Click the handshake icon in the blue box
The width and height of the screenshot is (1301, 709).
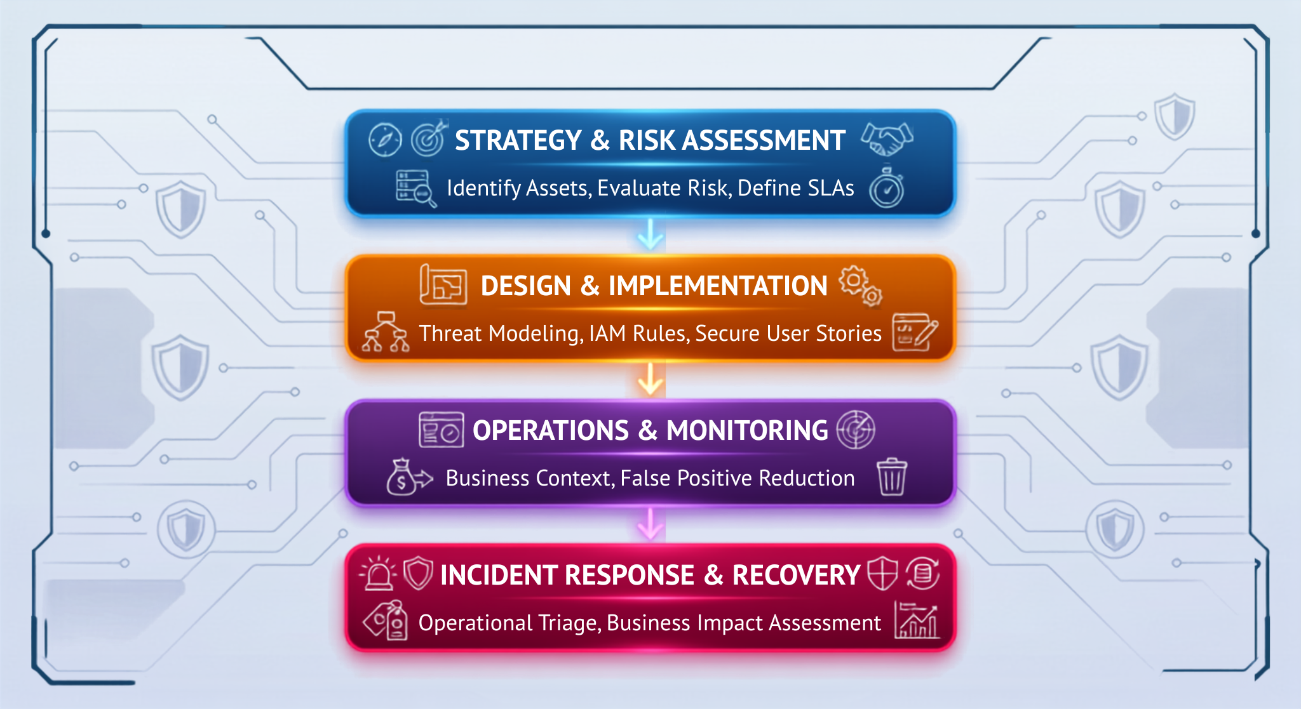click(x=887, y=139)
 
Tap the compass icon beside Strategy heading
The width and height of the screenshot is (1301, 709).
click(x=385, y=140)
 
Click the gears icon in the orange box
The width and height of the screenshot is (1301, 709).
click(x=861, y=286)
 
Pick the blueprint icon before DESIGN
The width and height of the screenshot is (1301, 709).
click(x=443, y=285)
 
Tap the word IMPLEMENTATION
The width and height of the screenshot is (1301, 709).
click(x=718, y=286)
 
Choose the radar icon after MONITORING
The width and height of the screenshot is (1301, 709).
click(x=856, y=430)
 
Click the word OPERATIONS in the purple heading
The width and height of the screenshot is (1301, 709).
click(x=551, y=430)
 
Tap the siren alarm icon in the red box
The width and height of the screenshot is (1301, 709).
click(x=379, y=573)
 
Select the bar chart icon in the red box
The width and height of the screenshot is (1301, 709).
click(x=917, y=620)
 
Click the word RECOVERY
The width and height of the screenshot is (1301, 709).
click(x=796, y=575)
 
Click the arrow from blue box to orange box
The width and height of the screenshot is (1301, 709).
click(x=650, y=234)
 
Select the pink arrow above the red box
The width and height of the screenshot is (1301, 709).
click(x=650, y=524)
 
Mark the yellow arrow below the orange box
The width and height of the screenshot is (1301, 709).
click(x=650, y=379)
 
